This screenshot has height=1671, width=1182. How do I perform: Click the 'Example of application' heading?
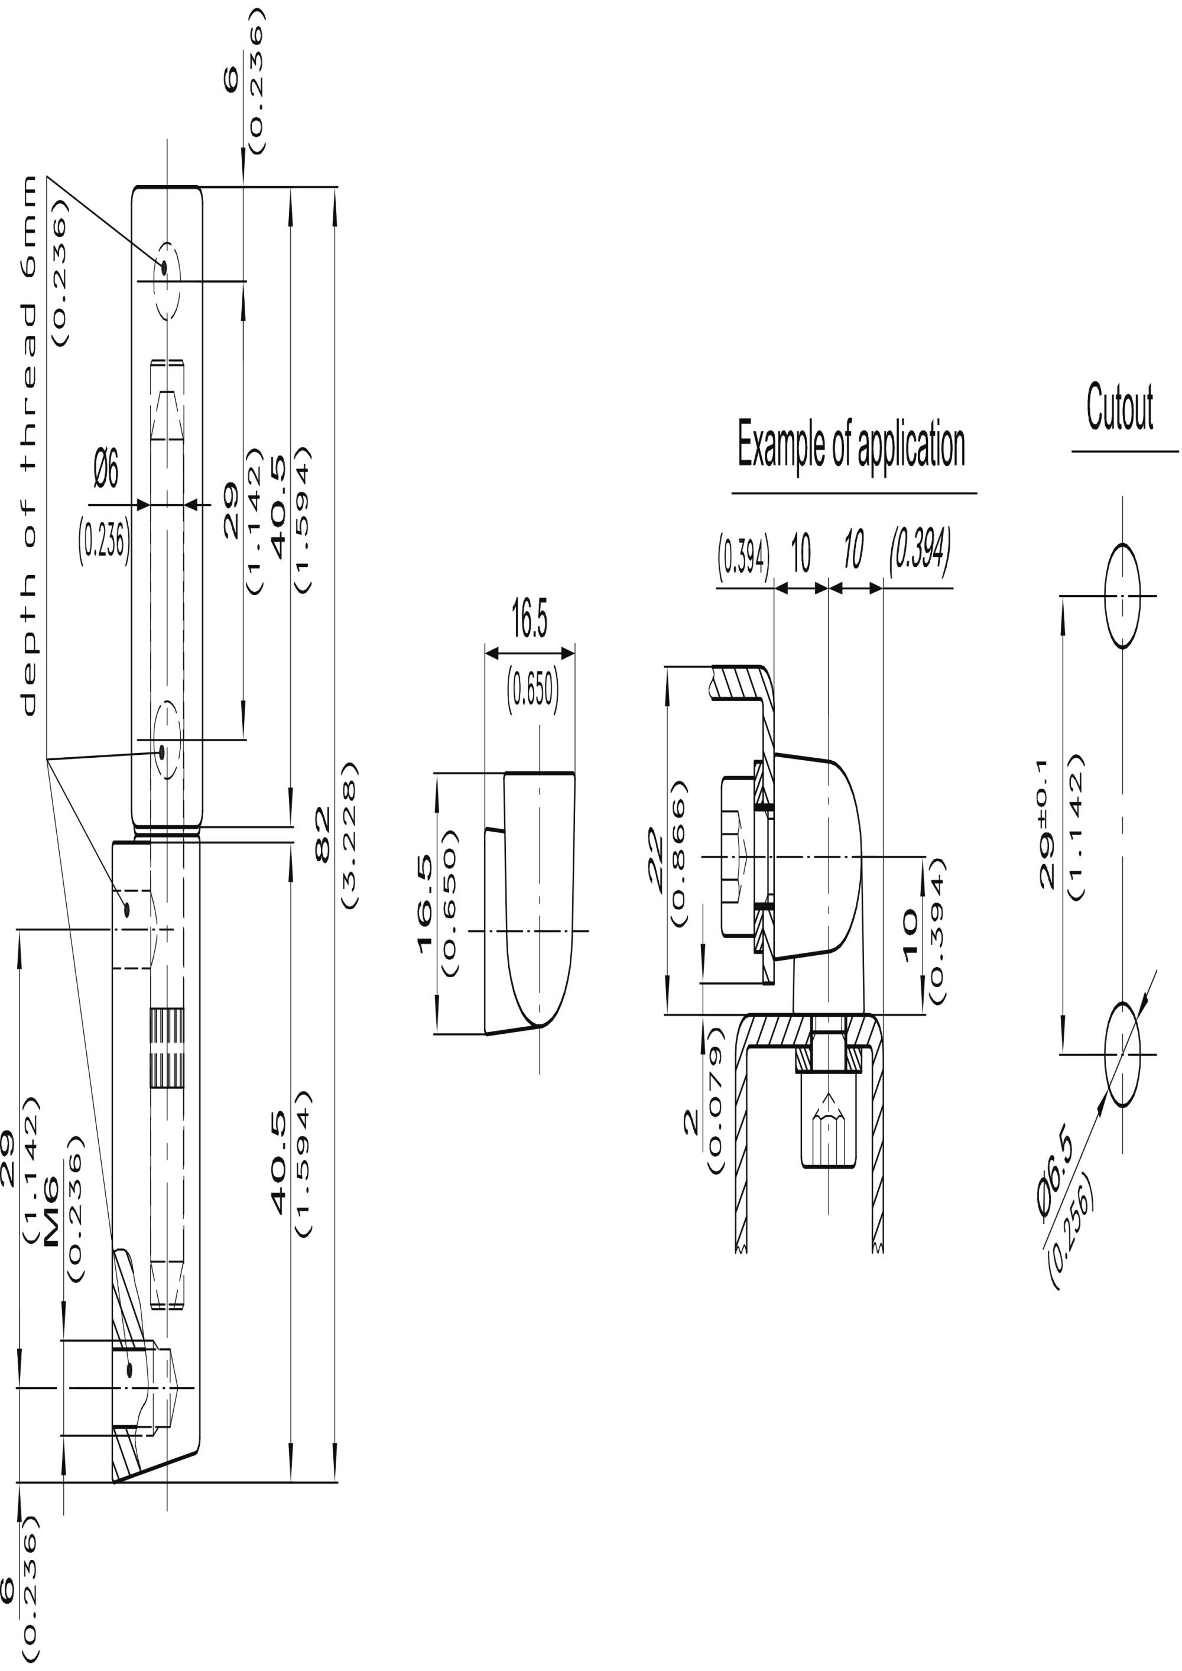851,443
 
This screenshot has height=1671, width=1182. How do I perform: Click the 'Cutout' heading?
1119,408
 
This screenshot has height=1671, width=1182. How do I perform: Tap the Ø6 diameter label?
107,469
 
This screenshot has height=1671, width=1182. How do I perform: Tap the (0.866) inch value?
678,853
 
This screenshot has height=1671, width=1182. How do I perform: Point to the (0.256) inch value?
1071,1231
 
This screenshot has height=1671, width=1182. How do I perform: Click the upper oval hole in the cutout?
1122,595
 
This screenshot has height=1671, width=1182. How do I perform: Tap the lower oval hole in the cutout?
1122,1053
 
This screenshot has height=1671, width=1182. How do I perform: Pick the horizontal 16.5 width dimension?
529,619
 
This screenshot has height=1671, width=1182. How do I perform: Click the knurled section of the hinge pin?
167,1048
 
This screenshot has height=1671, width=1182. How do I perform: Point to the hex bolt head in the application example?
736,856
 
